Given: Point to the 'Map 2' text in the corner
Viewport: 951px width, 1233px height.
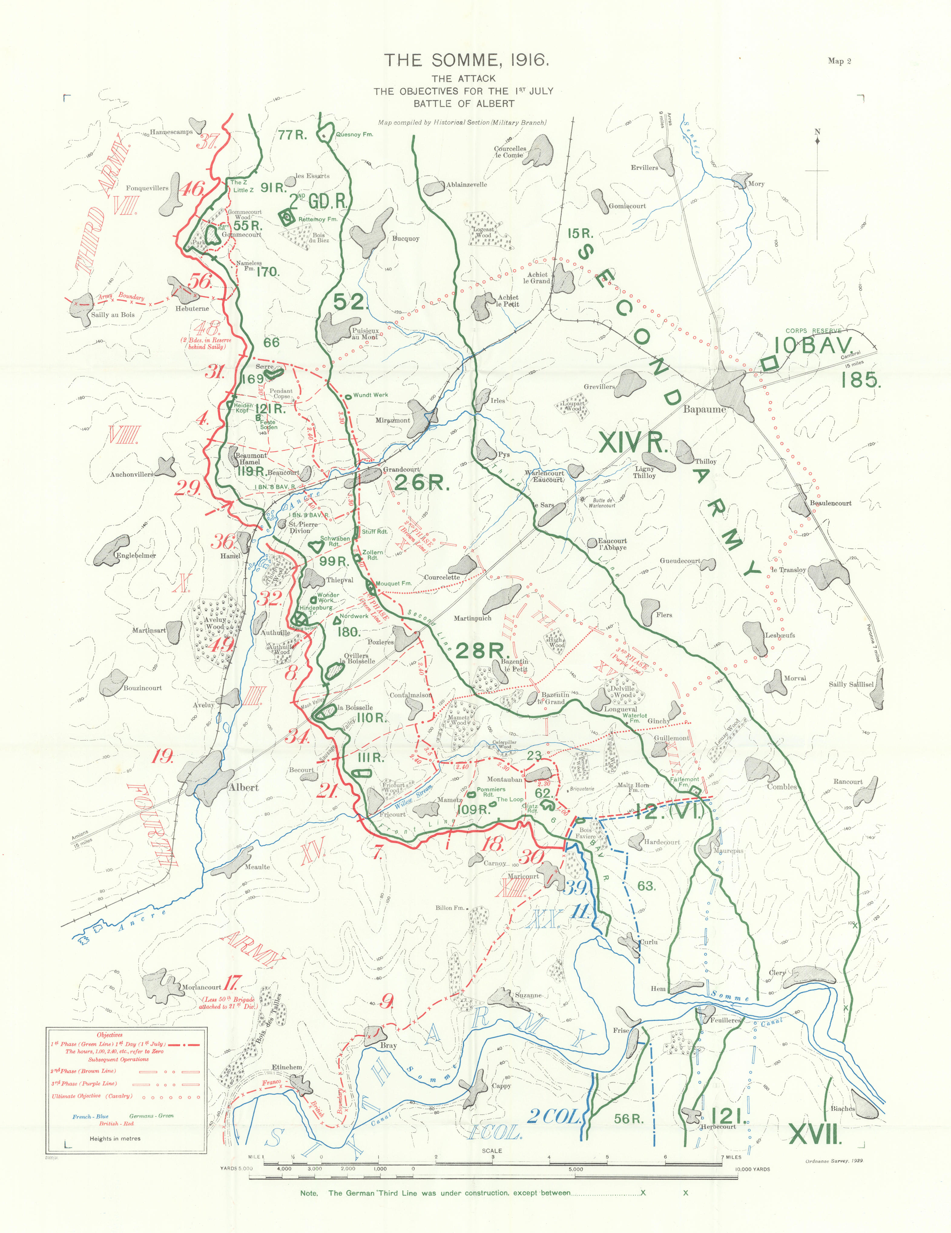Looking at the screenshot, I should (839, 61).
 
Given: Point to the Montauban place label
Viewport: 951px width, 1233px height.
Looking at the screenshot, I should (505, 779).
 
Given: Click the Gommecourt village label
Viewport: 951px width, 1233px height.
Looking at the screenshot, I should (242, 234).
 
